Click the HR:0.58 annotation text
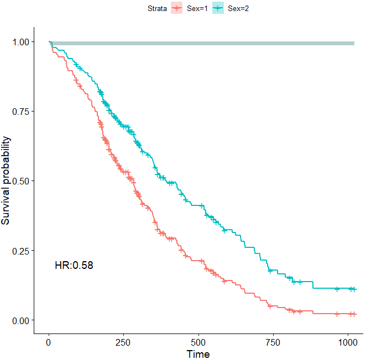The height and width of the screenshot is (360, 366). [x=74, y=266]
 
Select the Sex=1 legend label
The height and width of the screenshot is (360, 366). [x=197, y=8]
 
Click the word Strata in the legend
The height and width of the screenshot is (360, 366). [x=158, y=8]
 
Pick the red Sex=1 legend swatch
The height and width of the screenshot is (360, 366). [x=177, y=8]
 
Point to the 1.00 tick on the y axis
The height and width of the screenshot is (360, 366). [x=20, y=42]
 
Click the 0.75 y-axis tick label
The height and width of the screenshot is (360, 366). [x=20, y=112]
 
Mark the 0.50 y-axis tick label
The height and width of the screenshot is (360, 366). [x=20, y=181]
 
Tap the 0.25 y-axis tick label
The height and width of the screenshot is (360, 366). [x=20, y=251]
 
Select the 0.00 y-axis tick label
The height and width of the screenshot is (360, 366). [x=20, y=320]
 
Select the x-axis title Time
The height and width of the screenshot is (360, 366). [x=198, y=353]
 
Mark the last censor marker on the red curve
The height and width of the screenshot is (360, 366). [x=352, y=314]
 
